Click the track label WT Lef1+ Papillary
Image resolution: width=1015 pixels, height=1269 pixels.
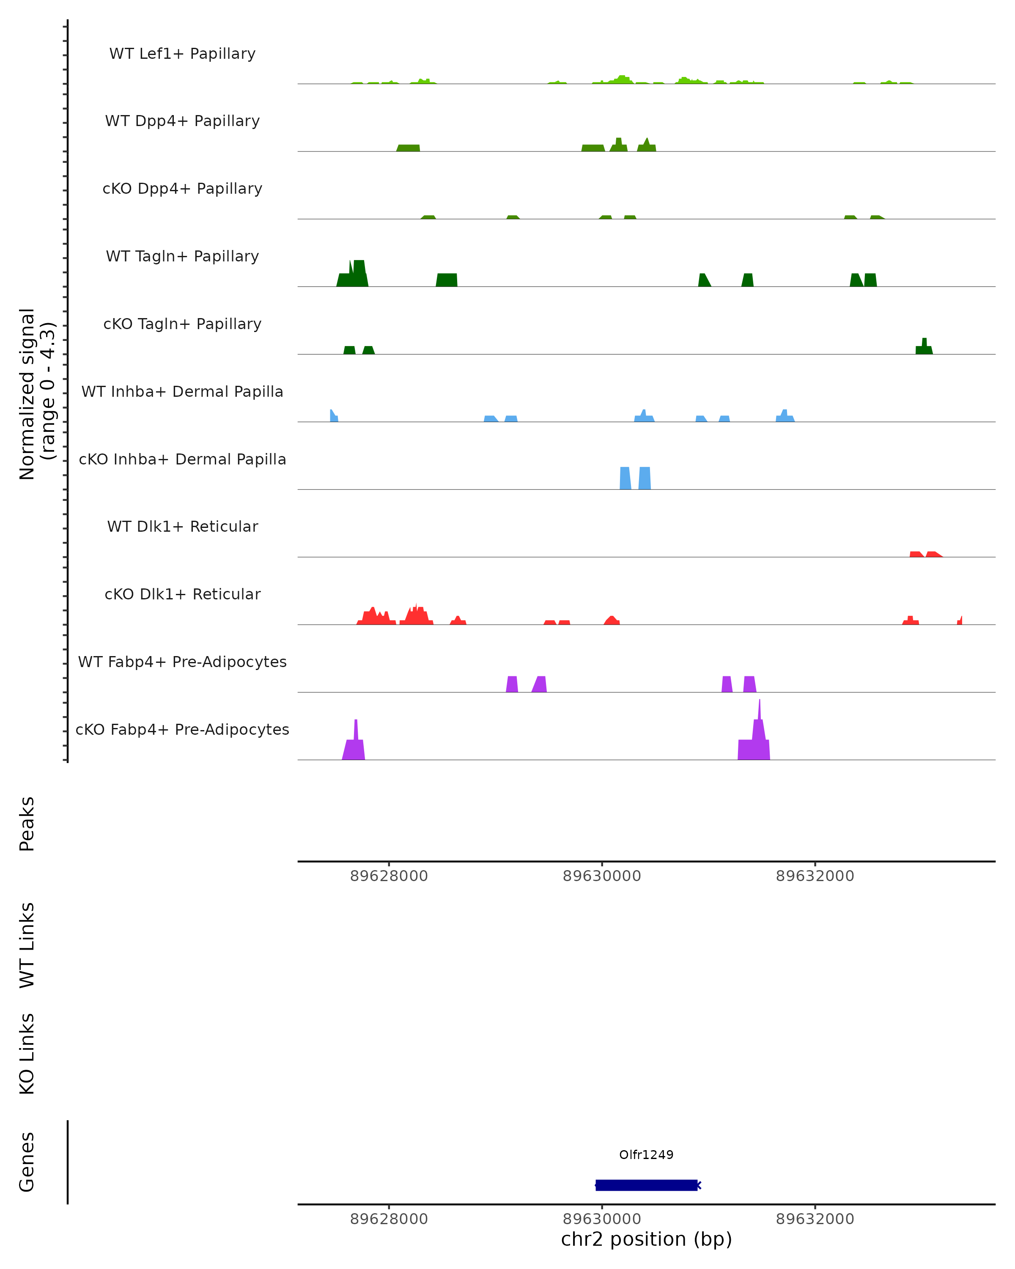tap(182, 54)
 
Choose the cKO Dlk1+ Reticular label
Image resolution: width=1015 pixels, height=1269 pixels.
tap(182, 594)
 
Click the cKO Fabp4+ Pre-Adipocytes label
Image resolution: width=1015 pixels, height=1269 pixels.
tap(182, 729)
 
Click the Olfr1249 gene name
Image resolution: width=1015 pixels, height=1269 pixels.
tap(646, 1154)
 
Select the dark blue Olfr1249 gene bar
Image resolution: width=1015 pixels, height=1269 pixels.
tap(646, 1185)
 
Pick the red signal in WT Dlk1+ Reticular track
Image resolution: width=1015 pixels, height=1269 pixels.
tap(925, 554)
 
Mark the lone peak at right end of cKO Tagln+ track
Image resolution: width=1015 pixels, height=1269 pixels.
tap(924, 348)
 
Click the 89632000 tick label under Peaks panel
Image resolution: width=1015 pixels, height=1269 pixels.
tap(815, 876)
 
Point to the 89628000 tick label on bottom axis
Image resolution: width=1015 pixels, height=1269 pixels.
tap(389, 1219)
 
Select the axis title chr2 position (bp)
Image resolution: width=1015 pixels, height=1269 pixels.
tap(646, 1239)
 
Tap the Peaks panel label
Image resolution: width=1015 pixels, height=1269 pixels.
tap(27, 824)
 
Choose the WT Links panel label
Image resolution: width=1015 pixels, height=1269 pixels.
tap(27, 945)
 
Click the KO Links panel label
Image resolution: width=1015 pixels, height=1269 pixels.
tap(27, 1054)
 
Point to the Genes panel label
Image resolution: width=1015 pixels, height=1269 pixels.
tap(27, 1162)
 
